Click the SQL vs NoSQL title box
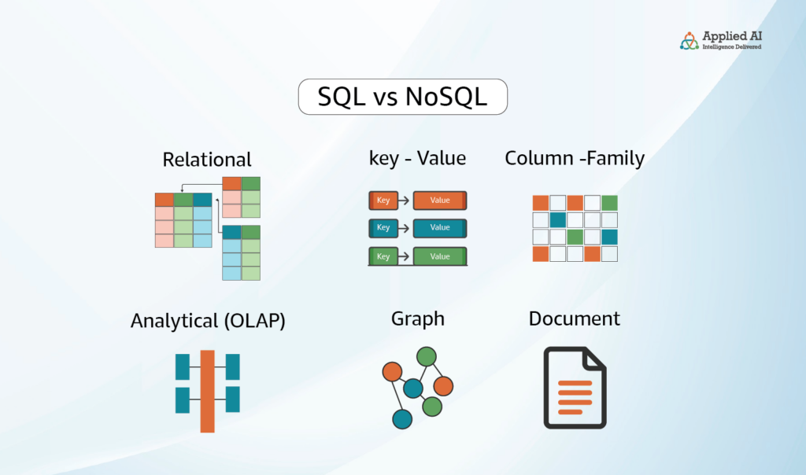(x=402, y=97)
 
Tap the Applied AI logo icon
(x=689, y=41)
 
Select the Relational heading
(x=207, y=160)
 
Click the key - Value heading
(x=417, y=158)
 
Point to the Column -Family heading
(x=575, y=158)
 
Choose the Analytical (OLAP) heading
(x=208, y=320)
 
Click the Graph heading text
(x=417, y=319)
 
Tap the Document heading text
(x=574, y=319)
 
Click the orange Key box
(x=383, y=201)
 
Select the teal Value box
(x=440, y=228)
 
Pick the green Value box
(x=440, y=256)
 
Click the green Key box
(x=383, y=256)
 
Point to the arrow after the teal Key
(x=404, y=228)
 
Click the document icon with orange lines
(x=575, y=388)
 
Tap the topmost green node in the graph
(x=427, y=356)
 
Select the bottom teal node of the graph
(x=402, y=419)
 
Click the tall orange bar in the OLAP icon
(x=207, y=392)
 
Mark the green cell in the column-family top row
(x=609, y=204)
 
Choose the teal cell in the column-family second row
(x=558, y=220)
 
